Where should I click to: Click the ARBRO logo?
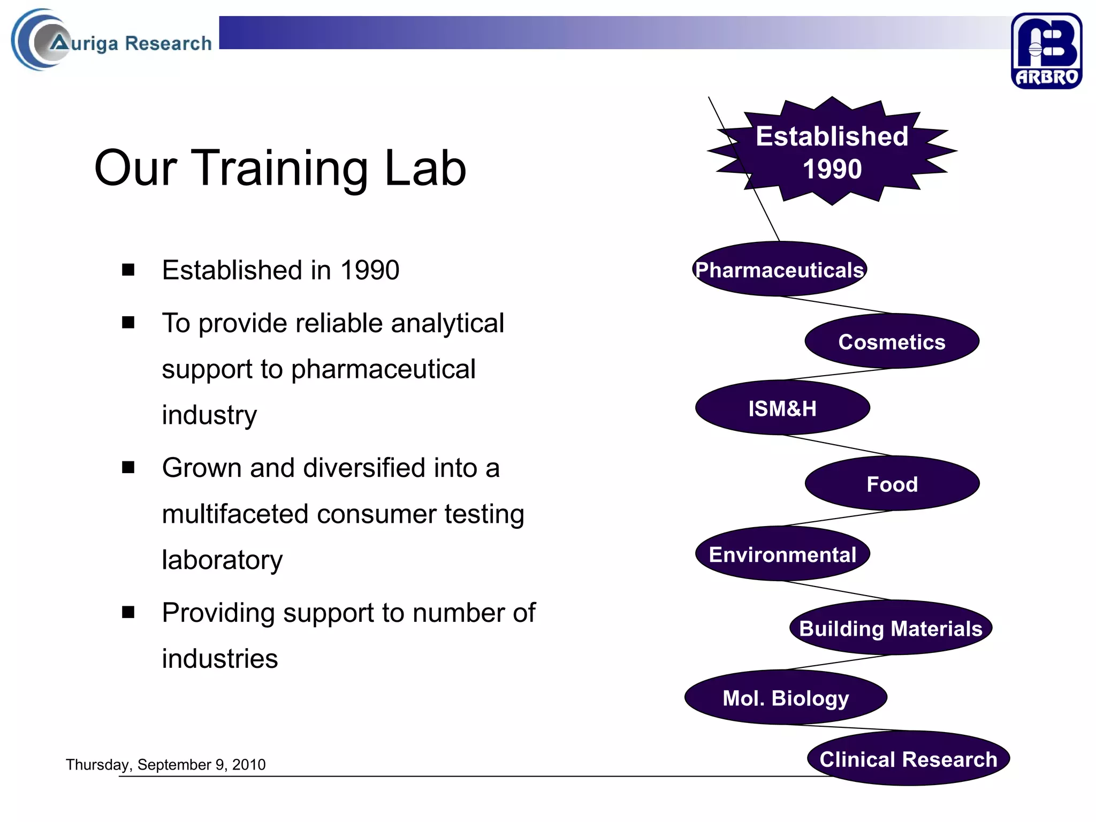1046,51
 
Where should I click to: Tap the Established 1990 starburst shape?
832,152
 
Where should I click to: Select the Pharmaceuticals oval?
779,270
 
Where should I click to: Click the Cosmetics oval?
892,341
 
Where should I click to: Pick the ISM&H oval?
782,408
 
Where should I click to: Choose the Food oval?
892,484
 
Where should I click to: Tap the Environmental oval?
782,554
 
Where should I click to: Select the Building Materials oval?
890,628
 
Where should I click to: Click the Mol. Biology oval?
786,698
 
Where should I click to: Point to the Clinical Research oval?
908,759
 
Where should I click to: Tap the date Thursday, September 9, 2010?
165,764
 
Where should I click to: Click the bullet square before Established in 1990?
128,270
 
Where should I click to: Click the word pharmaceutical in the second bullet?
383,369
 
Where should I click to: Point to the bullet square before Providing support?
128,612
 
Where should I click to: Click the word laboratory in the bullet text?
222,560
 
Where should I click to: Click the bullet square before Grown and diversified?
128,468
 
